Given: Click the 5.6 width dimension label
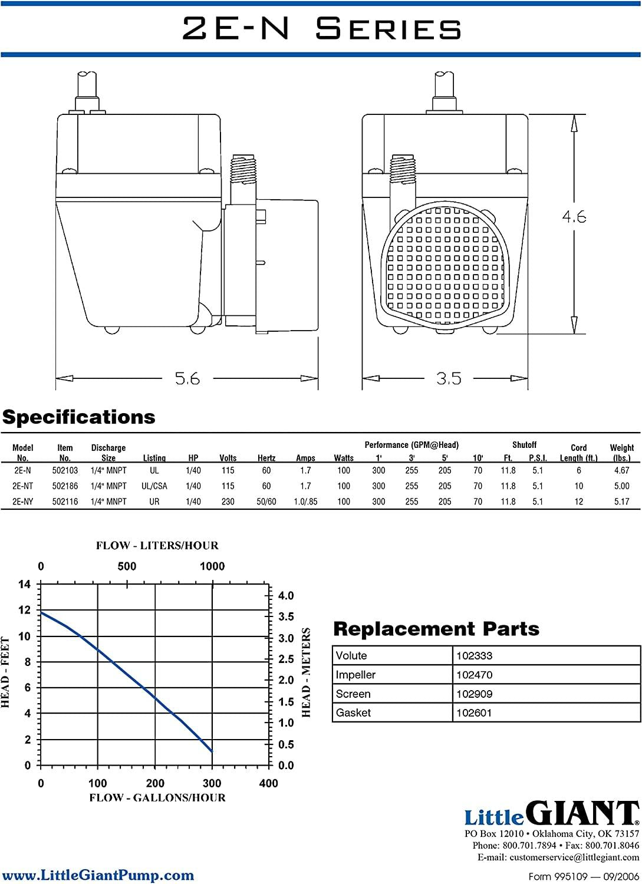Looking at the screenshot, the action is pyautogui.click(x=187, y=379).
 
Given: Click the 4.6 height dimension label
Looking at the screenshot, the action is pyautogui.click(x=574, y=217).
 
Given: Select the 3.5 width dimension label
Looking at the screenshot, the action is pyautogui.click(x=449, y=379).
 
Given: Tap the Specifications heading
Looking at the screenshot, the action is pyautogui.click(x=79, y=417).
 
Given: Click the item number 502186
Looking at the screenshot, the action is pyautogui.click(x=65, y=486).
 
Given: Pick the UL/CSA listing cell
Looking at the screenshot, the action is pyautogui.click(x=154, y=486).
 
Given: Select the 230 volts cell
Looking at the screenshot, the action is pyautogui.click(x=228, y=502).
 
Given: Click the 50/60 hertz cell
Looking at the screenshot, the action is pyautogui.click(x=266, y=502).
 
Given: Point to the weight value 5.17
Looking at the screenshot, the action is pyautogui.click(x=622, y=502).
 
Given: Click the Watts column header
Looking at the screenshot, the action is pyautogui.click(x=344, y=458).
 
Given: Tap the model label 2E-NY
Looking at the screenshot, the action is pyautogui.click(x=23, y=502).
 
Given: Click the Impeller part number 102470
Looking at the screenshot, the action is pyautogui.click(x=474, y=675).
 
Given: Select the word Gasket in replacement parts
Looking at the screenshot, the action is pyautogui.click(x=353, y=713).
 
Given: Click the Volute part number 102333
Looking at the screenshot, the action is pyautogui.click(x=474, y=656).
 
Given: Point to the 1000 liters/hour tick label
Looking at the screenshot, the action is pyautogui.click(x=212, y=566).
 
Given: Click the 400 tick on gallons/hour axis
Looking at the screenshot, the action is pyautogui.click(x=268, y=783).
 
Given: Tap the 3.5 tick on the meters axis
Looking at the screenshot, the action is pyautogui.click(x=286, y=617).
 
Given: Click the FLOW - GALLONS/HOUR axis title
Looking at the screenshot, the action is pyautogui.click(x=157, y=798).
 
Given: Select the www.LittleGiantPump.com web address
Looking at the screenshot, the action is pyautogui.click(x=97, y=875).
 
